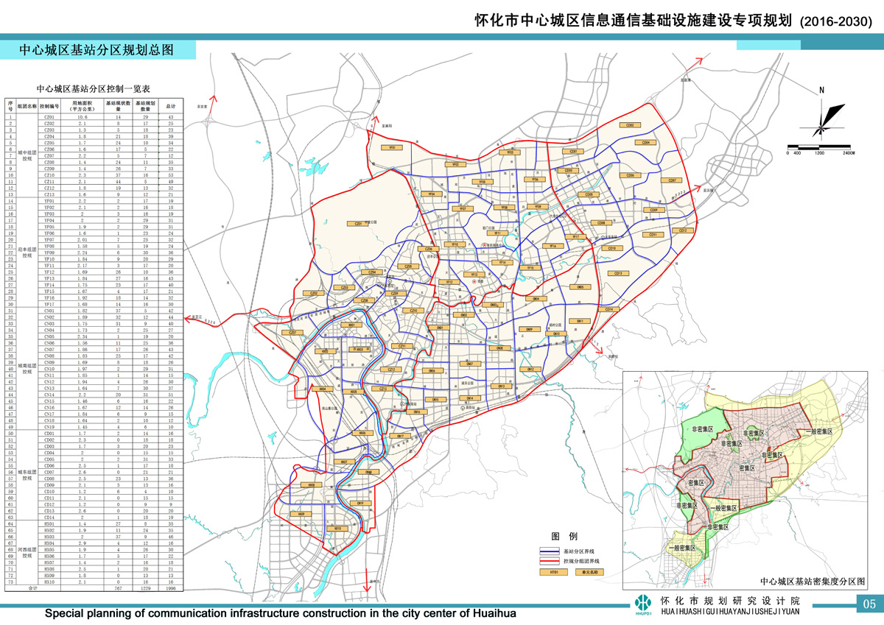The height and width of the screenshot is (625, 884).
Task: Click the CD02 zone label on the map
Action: (x=630, y=125)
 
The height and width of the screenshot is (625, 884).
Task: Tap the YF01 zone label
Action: (x=393, y=148)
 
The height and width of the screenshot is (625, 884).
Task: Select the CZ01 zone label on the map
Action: (x=358, y=223)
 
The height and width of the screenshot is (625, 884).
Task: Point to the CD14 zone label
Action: (x=609, y=310)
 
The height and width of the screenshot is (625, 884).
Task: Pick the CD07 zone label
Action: (x=672, y=180)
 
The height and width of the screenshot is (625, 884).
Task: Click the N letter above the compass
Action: (x=821, y=91)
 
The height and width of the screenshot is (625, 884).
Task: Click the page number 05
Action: (x=869, y=604)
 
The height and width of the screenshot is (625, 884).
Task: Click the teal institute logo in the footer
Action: (x=643, y=604)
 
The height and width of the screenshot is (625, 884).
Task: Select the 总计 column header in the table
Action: (x=170, y=105)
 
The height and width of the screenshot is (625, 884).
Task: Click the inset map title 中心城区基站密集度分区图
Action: (x=813, y=582)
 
